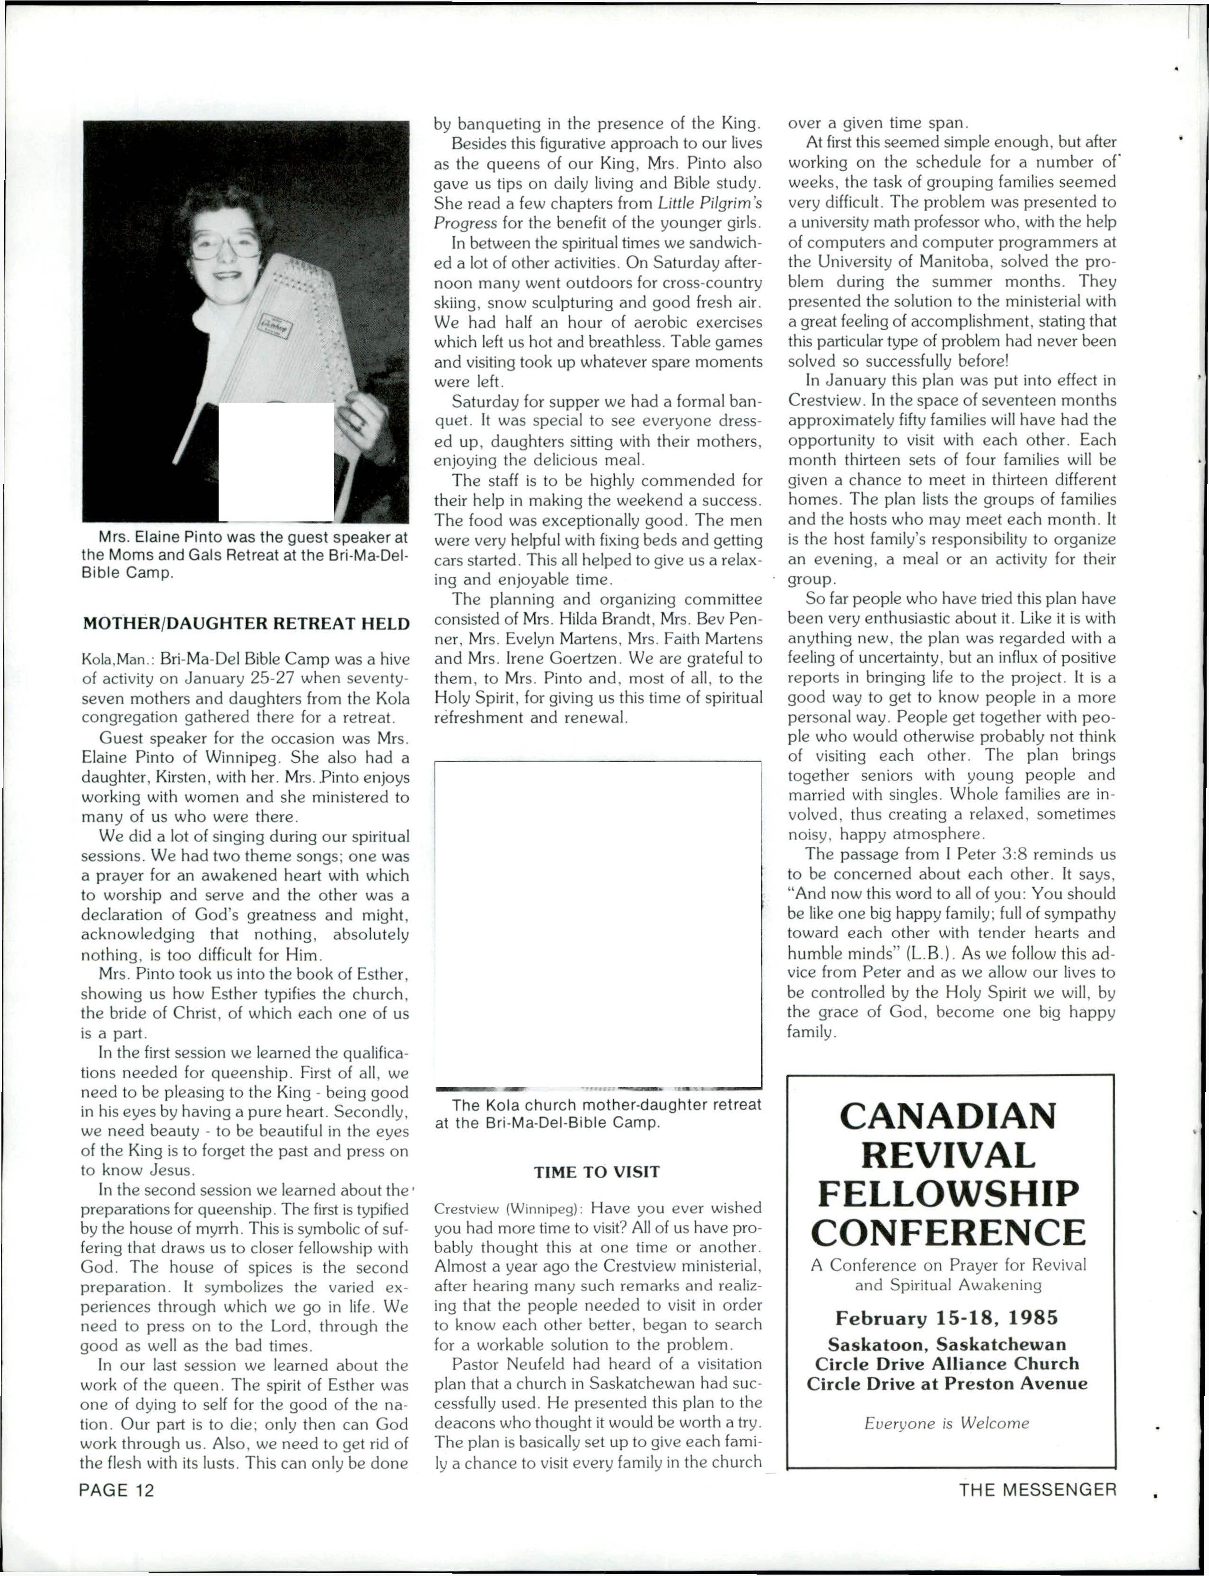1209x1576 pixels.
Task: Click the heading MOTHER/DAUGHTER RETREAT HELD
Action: point(246,623)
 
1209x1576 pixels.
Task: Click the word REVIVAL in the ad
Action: point(948,1156)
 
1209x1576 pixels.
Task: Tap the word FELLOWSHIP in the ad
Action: point(948,1195)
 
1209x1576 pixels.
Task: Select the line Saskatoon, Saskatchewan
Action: point(947,1344)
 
